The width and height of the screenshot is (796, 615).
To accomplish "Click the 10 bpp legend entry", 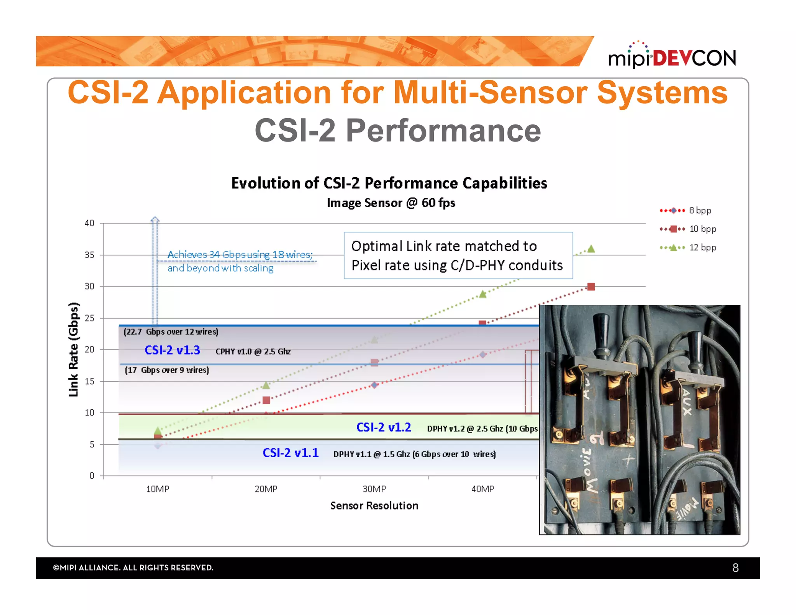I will (688, 229).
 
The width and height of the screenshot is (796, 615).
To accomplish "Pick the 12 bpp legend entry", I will (688, 248).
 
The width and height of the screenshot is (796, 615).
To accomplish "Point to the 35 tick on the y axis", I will (89, 255).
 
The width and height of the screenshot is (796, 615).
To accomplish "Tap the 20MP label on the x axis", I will (266, 489).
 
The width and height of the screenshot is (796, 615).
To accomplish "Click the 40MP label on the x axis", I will (482, 489).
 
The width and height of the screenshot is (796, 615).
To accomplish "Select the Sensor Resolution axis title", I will (374, 506).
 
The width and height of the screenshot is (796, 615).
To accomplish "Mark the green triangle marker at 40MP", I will (482, 294).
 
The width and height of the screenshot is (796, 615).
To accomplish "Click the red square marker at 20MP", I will (266, 400).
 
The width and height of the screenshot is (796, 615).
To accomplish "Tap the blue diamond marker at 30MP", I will (374, 385).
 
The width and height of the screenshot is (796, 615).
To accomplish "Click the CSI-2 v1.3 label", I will (172, 350).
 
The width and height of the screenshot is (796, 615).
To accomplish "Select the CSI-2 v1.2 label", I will (384, 428).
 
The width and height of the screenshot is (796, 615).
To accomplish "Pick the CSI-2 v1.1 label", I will (290, 453).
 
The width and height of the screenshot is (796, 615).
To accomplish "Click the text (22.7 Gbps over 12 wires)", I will (171, 332).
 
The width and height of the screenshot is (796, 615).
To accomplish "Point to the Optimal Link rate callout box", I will (458, 255).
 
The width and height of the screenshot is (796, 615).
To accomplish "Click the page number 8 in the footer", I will (735, 568).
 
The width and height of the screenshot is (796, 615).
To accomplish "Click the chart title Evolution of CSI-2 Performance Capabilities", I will (389, 183).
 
